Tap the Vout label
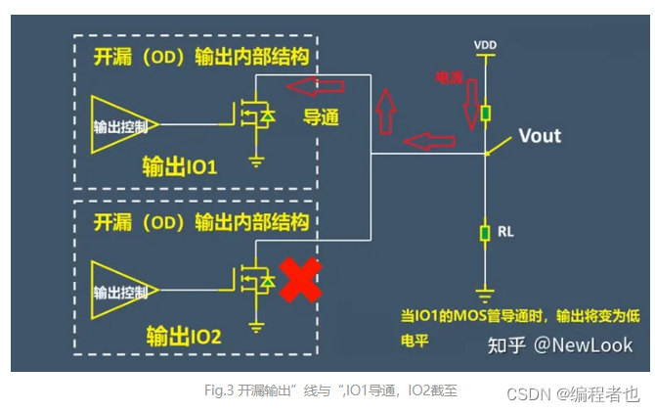(540, 135)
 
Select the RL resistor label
(504, 232)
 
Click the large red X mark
(301, 282)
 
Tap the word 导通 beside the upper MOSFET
(321, 117)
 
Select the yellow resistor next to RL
(485, 233)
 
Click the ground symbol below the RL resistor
(485, 291)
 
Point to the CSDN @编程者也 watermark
(572, 393)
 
